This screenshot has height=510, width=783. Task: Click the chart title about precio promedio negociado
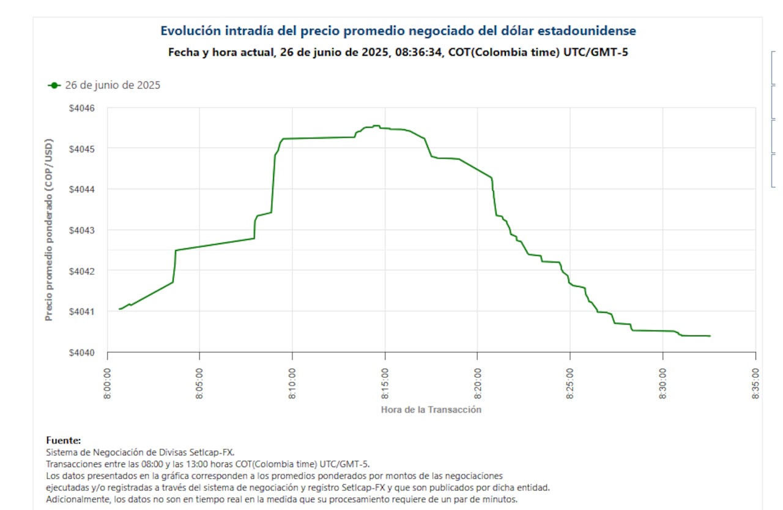(x=398, y=31)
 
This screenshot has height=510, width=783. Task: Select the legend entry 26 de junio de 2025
(x=104, y=85)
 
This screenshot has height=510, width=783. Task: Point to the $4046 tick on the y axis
(x=81, y=108)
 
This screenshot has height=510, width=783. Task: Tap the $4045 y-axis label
(x=81, y=149)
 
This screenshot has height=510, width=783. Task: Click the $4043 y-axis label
(x=81, y=230)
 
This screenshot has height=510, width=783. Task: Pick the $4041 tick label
(x=81, y=312)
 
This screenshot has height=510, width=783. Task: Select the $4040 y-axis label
(x=81, y=352)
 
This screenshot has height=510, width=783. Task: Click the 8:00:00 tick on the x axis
(x=108, y=383)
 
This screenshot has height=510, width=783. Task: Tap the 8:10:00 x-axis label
(x=293, y=383)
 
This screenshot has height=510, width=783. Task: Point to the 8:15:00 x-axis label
(x=385, y=383)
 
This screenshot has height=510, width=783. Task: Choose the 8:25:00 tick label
(x=571, y=383)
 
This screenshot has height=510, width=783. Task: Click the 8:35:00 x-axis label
(x=756, y=383)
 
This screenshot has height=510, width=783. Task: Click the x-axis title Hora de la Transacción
(x=431, y=410)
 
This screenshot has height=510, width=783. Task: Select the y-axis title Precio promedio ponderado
(x=49, y=230)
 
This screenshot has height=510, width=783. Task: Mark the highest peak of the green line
(x=376, y=126)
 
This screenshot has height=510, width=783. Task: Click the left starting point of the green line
(x=119, y=309)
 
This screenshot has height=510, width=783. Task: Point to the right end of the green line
(x=710, y=336)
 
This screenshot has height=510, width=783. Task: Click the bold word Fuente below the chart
(x=63, y=440)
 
